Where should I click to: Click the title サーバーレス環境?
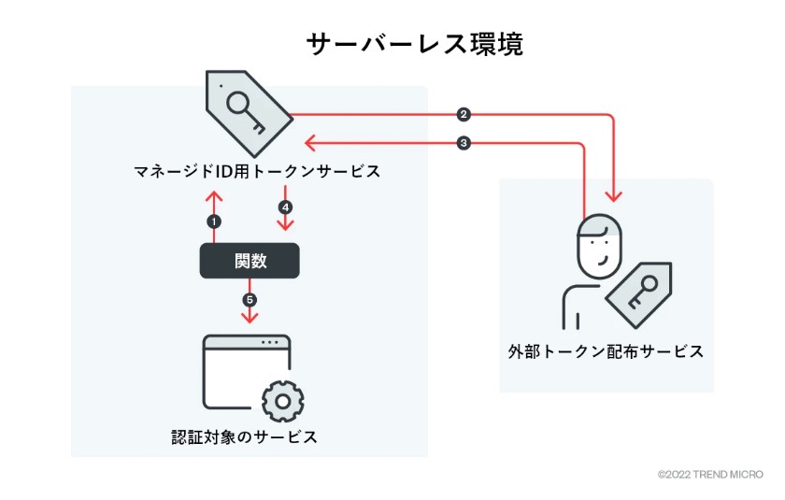tap(415, 45)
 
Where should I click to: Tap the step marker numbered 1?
tap(214, 221)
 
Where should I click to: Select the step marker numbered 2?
tap(464, 115)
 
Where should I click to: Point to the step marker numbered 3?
tap(464, 143)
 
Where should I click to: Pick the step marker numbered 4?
tap(285, 207)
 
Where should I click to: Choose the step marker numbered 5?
tap(250, 300)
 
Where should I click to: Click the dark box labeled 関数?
tap(250, 261)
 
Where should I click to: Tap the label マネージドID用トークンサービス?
tap(257, 172)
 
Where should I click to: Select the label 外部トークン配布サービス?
tap(606, 351)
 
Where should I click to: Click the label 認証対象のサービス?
tap(244, 436)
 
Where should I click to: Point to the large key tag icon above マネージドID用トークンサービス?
tap(249, 113)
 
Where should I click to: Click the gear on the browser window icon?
tap(283, 401)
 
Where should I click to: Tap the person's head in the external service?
tap(599, 246)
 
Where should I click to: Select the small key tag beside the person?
tap(639, 294)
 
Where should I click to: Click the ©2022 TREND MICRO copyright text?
tap(710, 475)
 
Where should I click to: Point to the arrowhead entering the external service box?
tap(614, 195)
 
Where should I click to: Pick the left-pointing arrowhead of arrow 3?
tap(310, 143)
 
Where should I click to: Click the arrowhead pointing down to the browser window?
tap(250, 318)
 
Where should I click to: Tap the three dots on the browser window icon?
tap(270, 343)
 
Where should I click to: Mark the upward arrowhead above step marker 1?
tap(214, 196)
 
